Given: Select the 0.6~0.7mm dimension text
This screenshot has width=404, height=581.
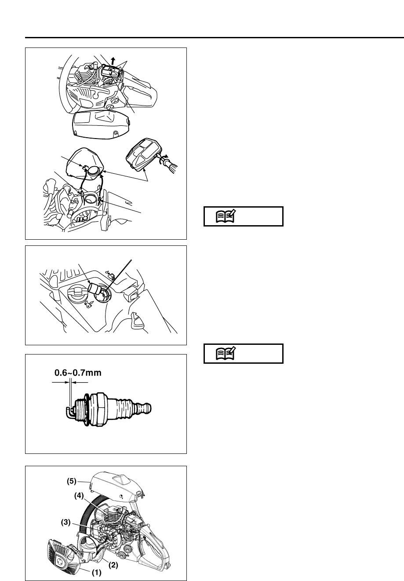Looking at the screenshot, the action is pyautogui.click(x=77, y=373).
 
